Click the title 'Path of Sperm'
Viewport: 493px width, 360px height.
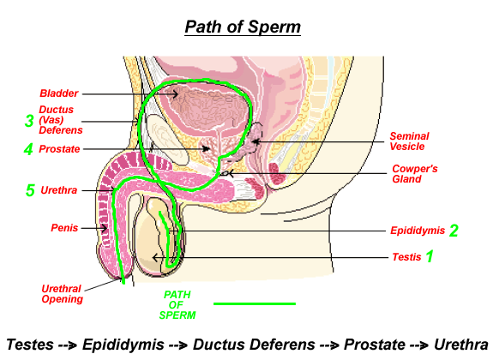point(243,27)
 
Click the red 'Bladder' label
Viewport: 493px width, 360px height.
point(59,93)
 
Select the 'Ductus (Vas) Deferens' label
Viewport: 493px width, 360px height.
point(60,120)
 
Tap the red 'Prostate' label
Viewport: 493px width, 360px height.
point(59,149)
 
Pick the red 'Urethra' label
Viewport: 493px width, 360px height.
point(59,190)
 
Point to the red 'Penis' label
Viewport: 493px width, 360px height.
point(64,228)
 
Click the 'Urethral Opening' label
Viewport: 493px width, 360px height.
point(62,294)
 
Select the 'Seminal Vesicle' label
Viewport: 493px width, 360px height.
point(409,141)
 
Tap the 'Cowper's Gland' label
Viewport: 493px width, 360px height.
point(415,174)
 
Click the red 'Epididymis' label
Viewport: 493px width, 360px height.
point(418,231)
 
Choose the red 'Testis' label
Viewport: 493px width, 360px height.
point(406,257)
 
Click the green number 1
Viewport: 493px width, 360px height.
point(430,256)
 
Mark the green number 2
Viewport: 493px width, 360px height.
point(454,231)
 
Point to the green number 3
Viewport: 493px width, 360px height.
point(29,121)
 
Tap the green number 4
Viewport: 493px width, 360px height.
point(28,149)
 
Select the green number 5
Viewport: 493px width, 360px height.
point(30,190)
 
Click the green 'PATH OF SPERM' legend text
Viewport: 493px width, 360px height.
point(177,304)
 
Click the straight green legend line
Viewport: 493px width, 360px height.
point(255,303)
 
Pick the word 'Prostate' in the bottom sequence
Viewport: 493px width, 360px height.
point(375,345)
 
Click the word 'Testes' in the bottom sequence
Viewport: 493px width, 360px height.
point(30,345)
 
